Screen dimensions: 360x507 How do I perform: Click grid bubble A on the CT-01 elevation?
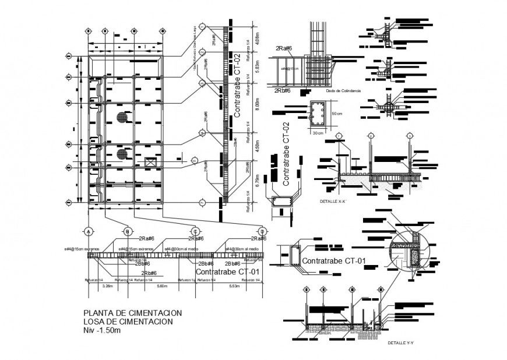pyautogui.click(x=89, y=231)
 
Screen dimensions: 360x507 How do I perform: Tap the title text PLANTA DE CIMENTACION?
pyautogui.click(x=133, y=313)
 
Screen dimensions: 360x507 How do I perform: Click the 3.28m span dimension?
pyautogui.click(x=107, y=286)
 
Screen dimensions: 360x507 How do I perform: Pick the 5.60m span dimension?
pyautogui.click(x=161, y=286)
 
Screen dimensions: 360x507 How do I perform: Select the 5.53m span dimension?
pyautogui.click(x=234, y=286)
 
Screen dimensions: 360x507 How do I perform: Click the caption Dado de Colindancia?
pyautogui.click(x=344, y=91)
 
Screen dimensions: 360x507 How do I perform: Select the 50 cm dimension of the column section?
pyautogui.click(x=336, y=113)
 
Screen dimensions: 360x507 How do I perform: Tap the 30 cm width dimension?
pyautogui.click(x=318, y=133)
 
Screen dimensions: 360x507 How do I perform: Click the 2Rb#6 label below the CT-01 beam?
pyautogui.click(x=150, y=273)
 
